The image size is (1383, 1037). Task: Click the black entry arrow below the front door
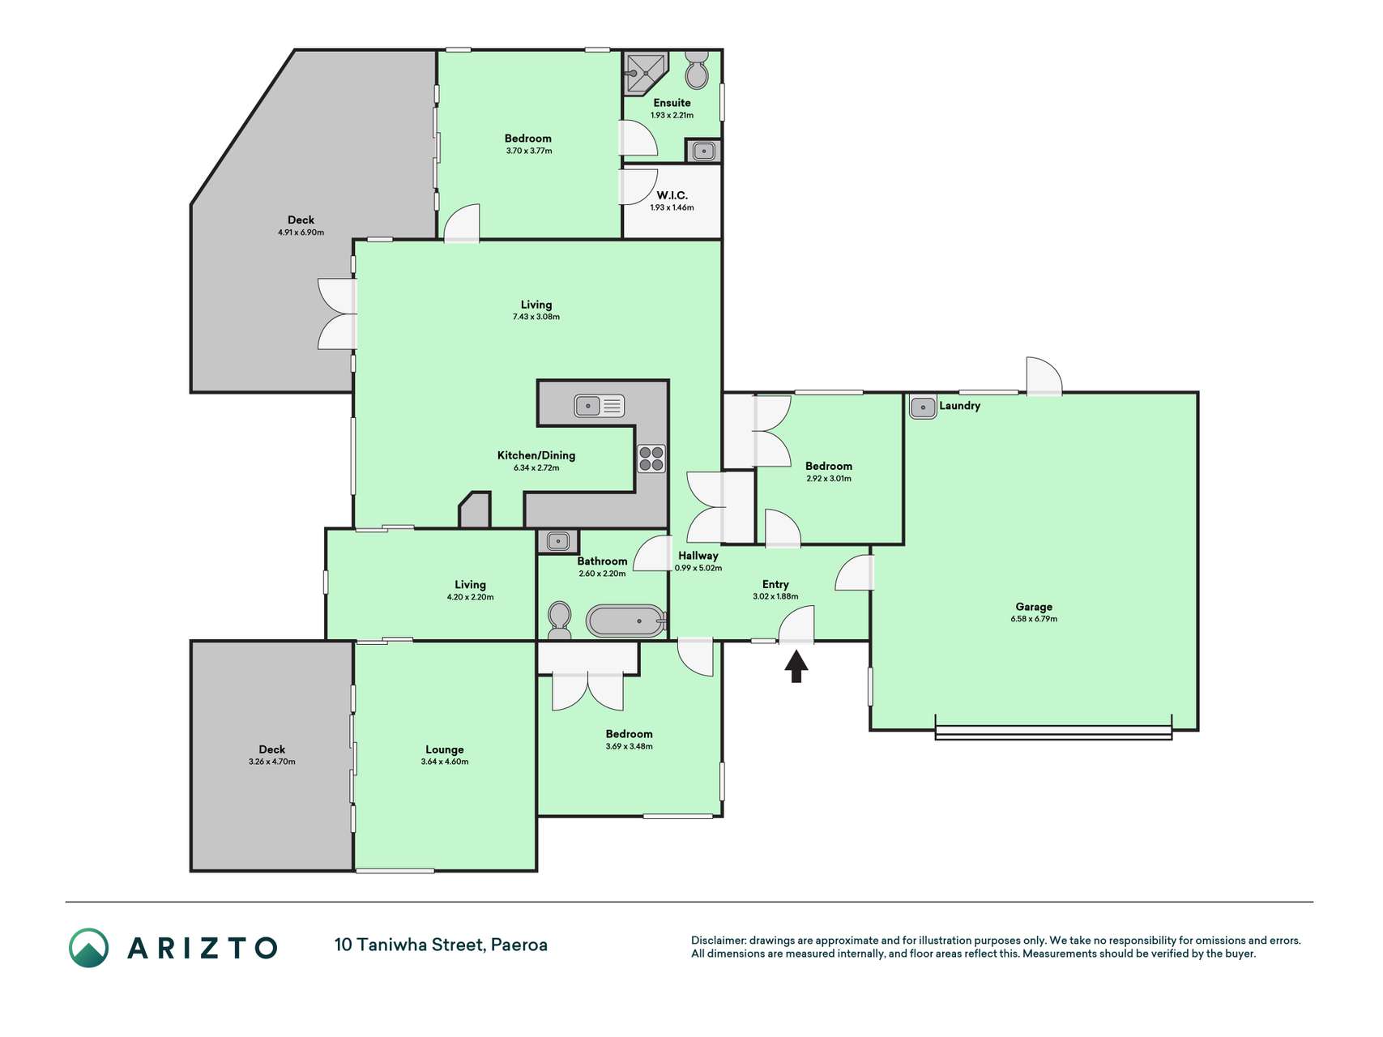click(796, 667)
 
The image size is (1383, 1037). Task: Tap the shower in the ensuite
click(646, 75)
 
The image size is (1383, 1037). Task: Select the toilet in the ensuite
click(697, 70)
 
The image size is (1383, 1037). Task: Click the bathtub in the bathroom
click(625, 621)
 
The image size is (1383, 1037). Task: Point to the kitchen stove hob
click(651, 459)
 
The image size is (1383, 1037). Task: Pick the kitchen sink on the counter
click(599, 405)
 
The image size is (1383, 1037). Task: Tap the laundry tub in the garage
click(923, 407)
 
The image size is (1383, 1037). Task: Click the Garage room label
click(1034, 607)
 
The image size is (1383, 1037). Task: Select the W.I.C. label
click(672, 195)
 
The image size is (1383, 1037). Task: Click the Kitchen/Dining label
click(536, 455)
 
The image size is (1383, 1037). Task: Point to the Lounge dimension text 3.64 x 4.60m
click(445, 762)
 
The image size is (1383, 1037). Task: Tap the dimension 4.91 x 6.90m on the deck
click(301, 233)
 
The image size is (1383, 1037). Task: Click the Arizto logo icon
click(88, 948)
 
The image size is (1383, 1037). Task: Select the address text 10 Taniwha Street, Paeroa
click(441, 945)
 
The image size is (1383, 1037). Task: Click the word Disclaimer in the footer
click(718, 941)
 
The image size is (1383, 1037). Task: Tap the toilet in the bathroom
click(559, 621)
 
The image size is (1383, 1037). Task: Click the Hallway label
click(698, 556)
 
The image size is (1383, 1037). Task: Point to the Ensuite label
click(672, 103)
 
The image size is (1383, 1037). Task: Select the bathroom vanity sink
click(558, 541)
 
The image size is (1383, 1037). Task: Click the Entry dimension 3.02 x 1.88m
click(775, 596)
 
